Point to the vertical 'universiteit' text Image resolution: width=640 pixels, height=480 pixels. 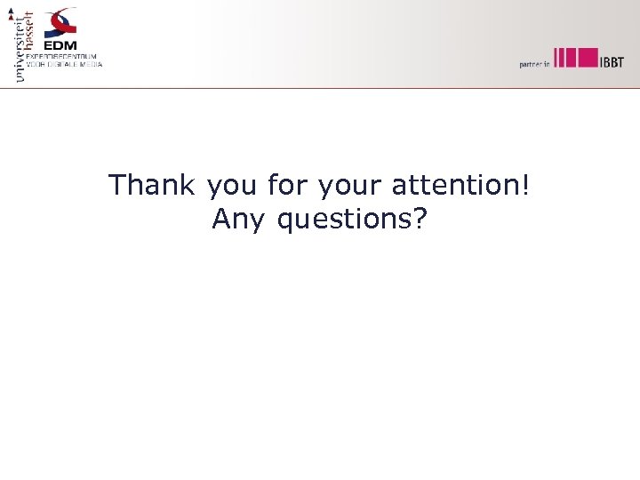[20, 49]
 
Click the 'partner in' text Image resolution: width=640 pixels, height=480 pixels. [535, 64]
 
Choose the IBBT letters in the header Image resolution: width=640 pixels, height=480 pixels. [612, 60]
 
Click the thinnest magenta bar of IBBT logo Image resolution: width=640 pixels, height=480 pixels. [555, 57]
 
